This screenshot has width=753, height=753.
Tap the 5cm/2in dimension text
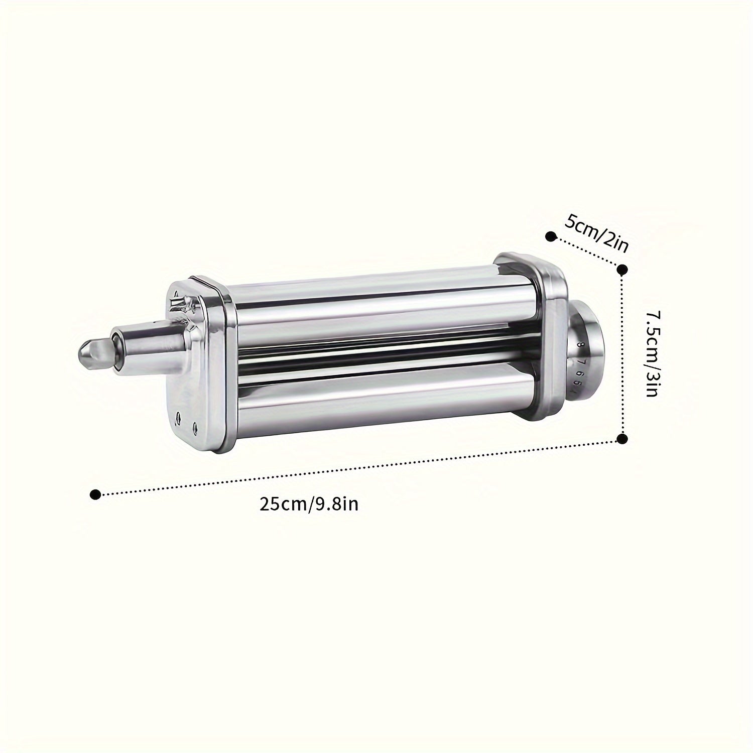coord(596,232)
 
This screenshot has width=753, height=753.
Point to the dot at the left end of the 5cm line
coord(550,234)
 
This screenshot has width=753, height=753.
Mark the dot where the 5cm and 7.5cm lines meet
coord(622,270)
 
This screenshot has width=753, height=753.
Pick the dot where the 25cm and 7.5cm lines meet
coord(622,439)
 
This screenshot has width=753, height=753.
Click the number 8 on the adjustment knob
coord(580,345)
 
